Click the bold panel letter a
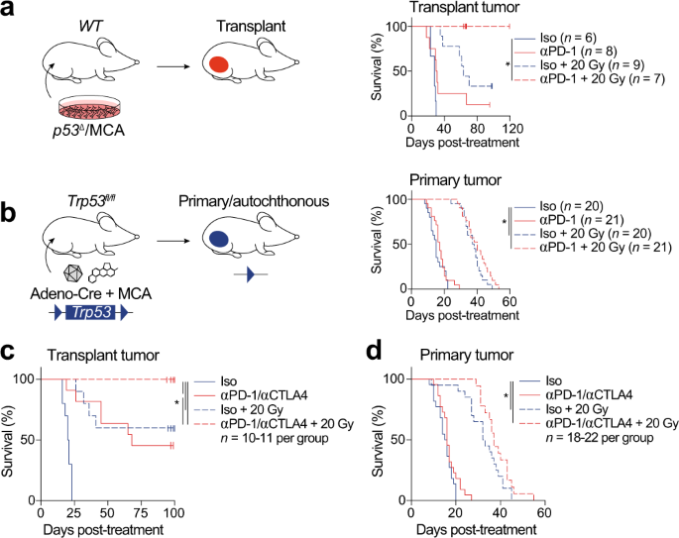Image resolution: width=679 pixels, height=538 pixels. tap(11, 13)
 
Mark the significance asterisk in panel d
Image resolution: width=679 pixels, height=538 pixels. tap(507, 401)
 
